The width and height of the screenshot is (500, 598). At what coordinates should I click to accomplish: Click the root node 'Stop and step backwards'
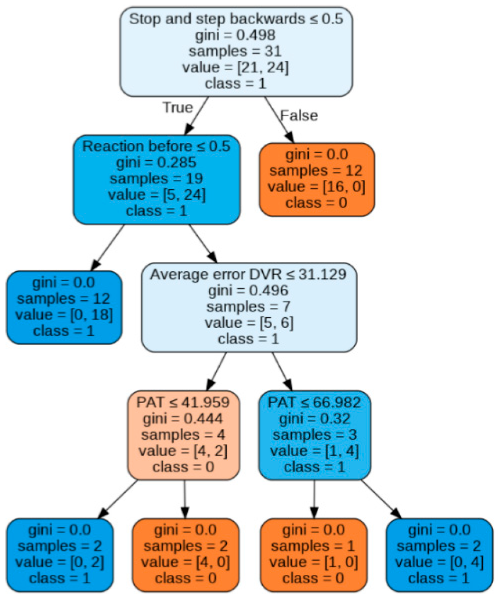(x=236, y=51)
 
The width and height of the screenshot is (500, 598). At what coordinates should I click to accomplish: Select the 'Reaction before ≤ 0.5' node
(x=156, y=179)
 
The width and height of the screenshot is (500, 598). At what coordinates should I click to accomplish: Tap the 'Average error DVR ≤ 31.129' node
(x=248, y=307)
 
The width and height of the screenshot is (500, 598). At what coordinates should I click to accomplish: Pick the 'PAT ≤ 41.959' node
(x=183, y=435)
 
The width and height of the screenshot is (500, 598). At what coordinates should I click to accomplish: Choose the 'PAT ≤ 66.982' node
(x=314, y=435)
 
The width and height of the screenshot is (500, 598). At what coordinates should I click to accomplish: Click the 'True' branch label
(x=177, y=107)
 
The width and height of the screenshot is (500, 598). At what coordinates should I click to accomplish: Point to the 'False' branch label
(x=299, y=115)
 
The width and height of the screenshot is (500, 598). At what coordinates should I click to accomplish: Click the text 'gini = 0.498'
(x=235, y=35)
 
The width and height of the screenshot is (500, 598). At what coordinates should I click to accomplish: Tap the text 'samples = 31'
(x=235, y=51)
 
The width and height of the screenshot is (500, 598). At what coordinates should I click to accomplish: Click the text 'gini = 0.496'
(x=248, y=291)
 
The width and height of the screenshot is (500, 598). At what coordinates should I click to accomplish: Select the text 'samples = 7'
(x=248, y=306)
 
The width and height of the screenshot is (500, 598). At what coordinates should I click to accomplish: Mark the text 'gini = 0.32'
(x=314, y=419)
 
